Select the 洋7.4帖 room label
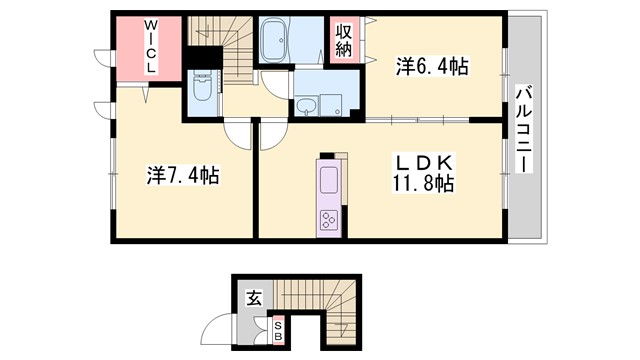[x=183, y=176]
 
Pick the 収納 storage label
[x=344, y=39]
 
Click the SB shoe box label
[x=279, y=332]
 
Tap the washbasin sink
[x=306, y=104]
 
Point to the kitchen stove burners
[x=330, y=219]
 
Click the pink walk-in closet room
[x=150, y=50]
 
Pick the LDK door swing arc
[x=272, y=132]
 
